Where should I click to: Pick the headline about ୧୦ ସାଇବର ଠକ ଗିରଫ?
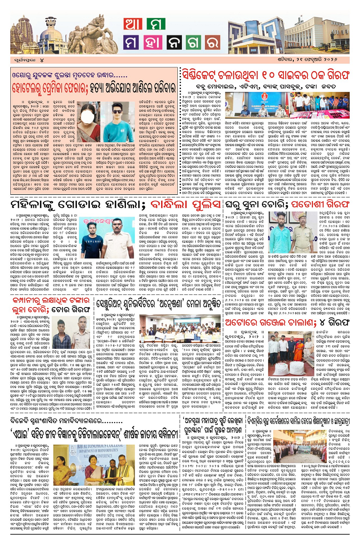click(269, 74)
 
